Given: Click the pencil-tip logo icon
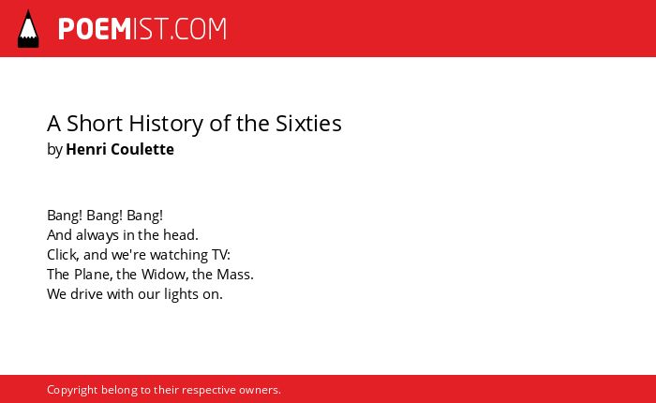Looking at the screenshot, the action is coord(28,29).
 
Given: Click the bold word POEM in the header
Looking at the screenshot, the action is coord(95,29).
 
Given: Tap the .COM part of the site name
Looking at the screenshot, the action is coord(199,29).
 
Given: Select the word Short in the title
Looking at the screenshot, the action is coord(95,124).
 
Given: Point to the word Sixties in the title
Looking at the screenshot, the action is coord(308,124).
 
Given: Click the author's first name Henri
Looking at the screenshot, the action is coord(85,149).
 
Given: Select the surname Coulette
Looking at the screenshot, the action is coord(142,149).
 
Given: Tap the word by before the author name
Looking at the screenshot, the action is coord(54,150).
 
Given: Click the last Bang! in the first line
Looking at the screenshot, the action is coord(144,216).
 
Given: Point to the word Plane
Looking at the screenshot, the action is coord(92,275).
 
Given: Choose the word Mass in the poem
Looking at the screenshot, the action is coord(233,275).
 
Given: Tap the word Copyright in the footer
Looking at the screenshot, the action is coord(72,391).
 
